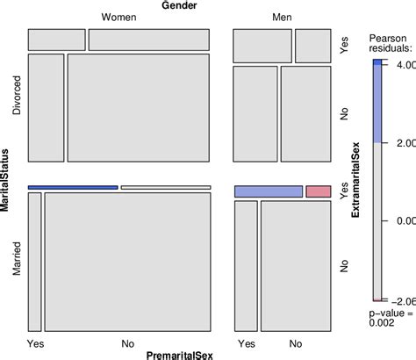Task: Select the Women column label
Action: click(118, 18)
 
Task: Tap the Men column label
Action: click(282, 18)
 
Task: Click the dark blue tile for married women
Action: click(73, 187)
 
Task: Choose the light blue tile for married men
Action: click(268, 191)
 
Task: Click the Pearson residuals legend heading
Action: click(387, 44)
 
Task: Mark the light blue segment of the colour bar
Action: click(377, 104)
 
